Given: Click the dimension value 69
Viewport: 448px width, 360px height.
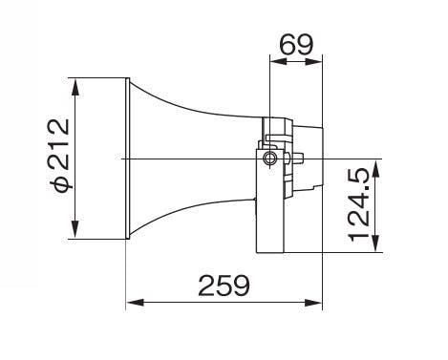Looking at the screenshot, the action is (296, 44).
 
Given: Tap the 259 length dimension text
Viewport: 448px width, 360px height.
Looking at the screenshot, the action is (224, 286).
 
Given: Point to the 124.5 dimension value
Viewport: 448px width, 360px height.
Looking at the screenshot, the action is (359, 204).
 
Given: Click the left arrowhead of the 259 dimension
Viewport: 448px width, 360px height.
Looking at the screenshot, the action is (135, 303).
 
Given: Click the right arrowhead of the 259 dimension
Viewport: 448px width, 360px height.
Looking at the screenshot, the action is (313, 303).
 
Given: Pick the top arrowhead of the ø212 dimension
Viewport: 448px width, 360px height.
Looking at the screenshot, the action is (75, 87).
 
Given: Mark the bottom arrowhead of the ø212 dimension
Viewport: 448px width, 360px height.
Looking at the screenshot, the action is (75, 229).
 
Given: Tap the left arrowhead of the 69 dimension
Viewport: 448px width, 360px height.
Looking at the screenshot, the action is (279, 61).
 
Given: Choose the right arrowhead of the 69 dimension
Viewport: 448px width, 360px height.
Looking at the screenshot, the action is (314, 61).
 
